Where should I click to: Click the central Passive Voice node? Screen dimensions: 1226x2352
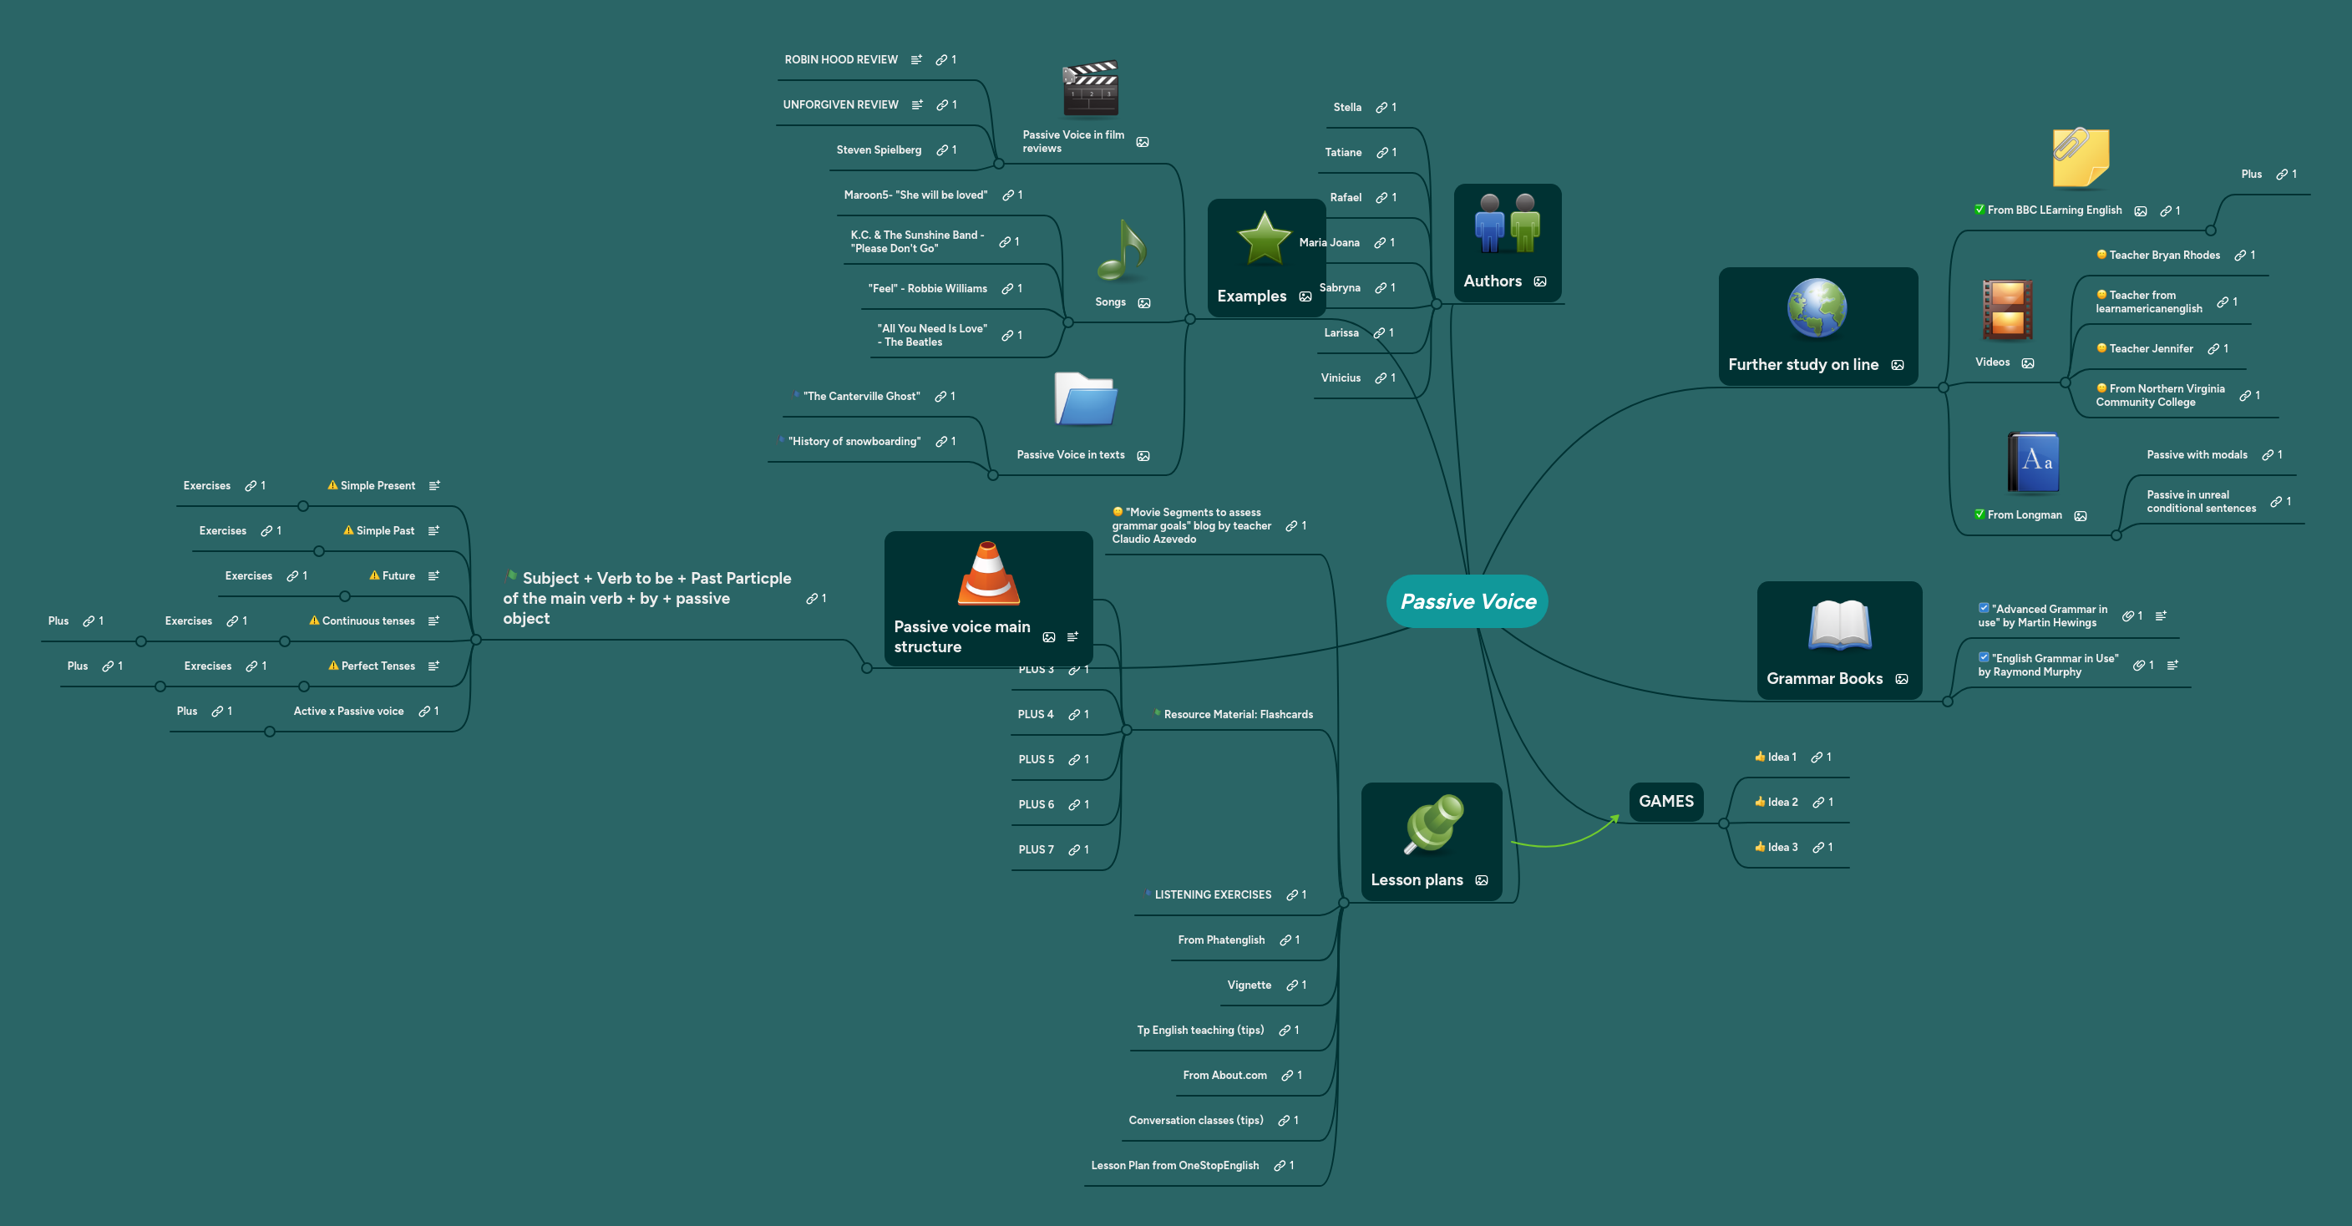(x=1467, y=600)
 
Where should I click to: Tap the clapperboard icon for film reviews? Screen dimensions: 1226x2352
(x=1090, y=89)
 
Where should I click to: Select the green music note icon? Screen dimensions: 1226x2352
(x=1121, y=251)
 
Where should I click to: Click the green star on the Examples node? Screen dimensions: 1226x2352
(x=1264, y=239)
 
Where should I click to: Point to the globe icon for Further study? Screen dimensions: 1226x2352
(x=1816, y=308)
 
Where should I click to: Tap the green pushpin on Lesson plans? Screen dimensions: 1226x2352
(x=1432, y=823)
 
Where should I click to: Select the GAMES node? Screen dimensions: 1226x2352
(x=1665, y=801)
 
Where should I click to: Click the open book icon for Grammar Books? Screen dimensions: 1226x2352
(x=1839, y=626)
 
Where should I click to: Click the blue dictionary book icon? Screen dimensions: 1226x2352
(x=2033, y=462)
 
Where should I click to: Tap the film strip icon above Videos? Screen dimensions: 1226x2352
(x=2006, y=311)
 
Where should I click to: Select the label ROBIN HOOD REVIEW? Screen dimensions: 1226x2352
(x=841, y=59)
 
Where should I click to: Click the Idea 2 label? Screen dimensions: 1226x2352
(x=1782, y=802)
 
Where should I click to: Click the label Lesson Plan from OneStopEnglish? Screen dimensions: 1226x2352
(x=1174, y=1165)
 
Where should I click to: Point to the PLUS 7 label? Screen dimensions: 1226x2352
(x=1036, y=849)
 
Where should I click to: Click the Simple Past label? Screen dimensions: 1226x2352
(x=384, y=530)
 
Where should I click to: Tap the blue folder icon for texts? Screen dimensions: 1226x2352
(x=1085, y=399)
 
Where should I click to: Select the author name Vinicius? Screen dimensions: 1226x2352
(x=1341, y=377)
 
